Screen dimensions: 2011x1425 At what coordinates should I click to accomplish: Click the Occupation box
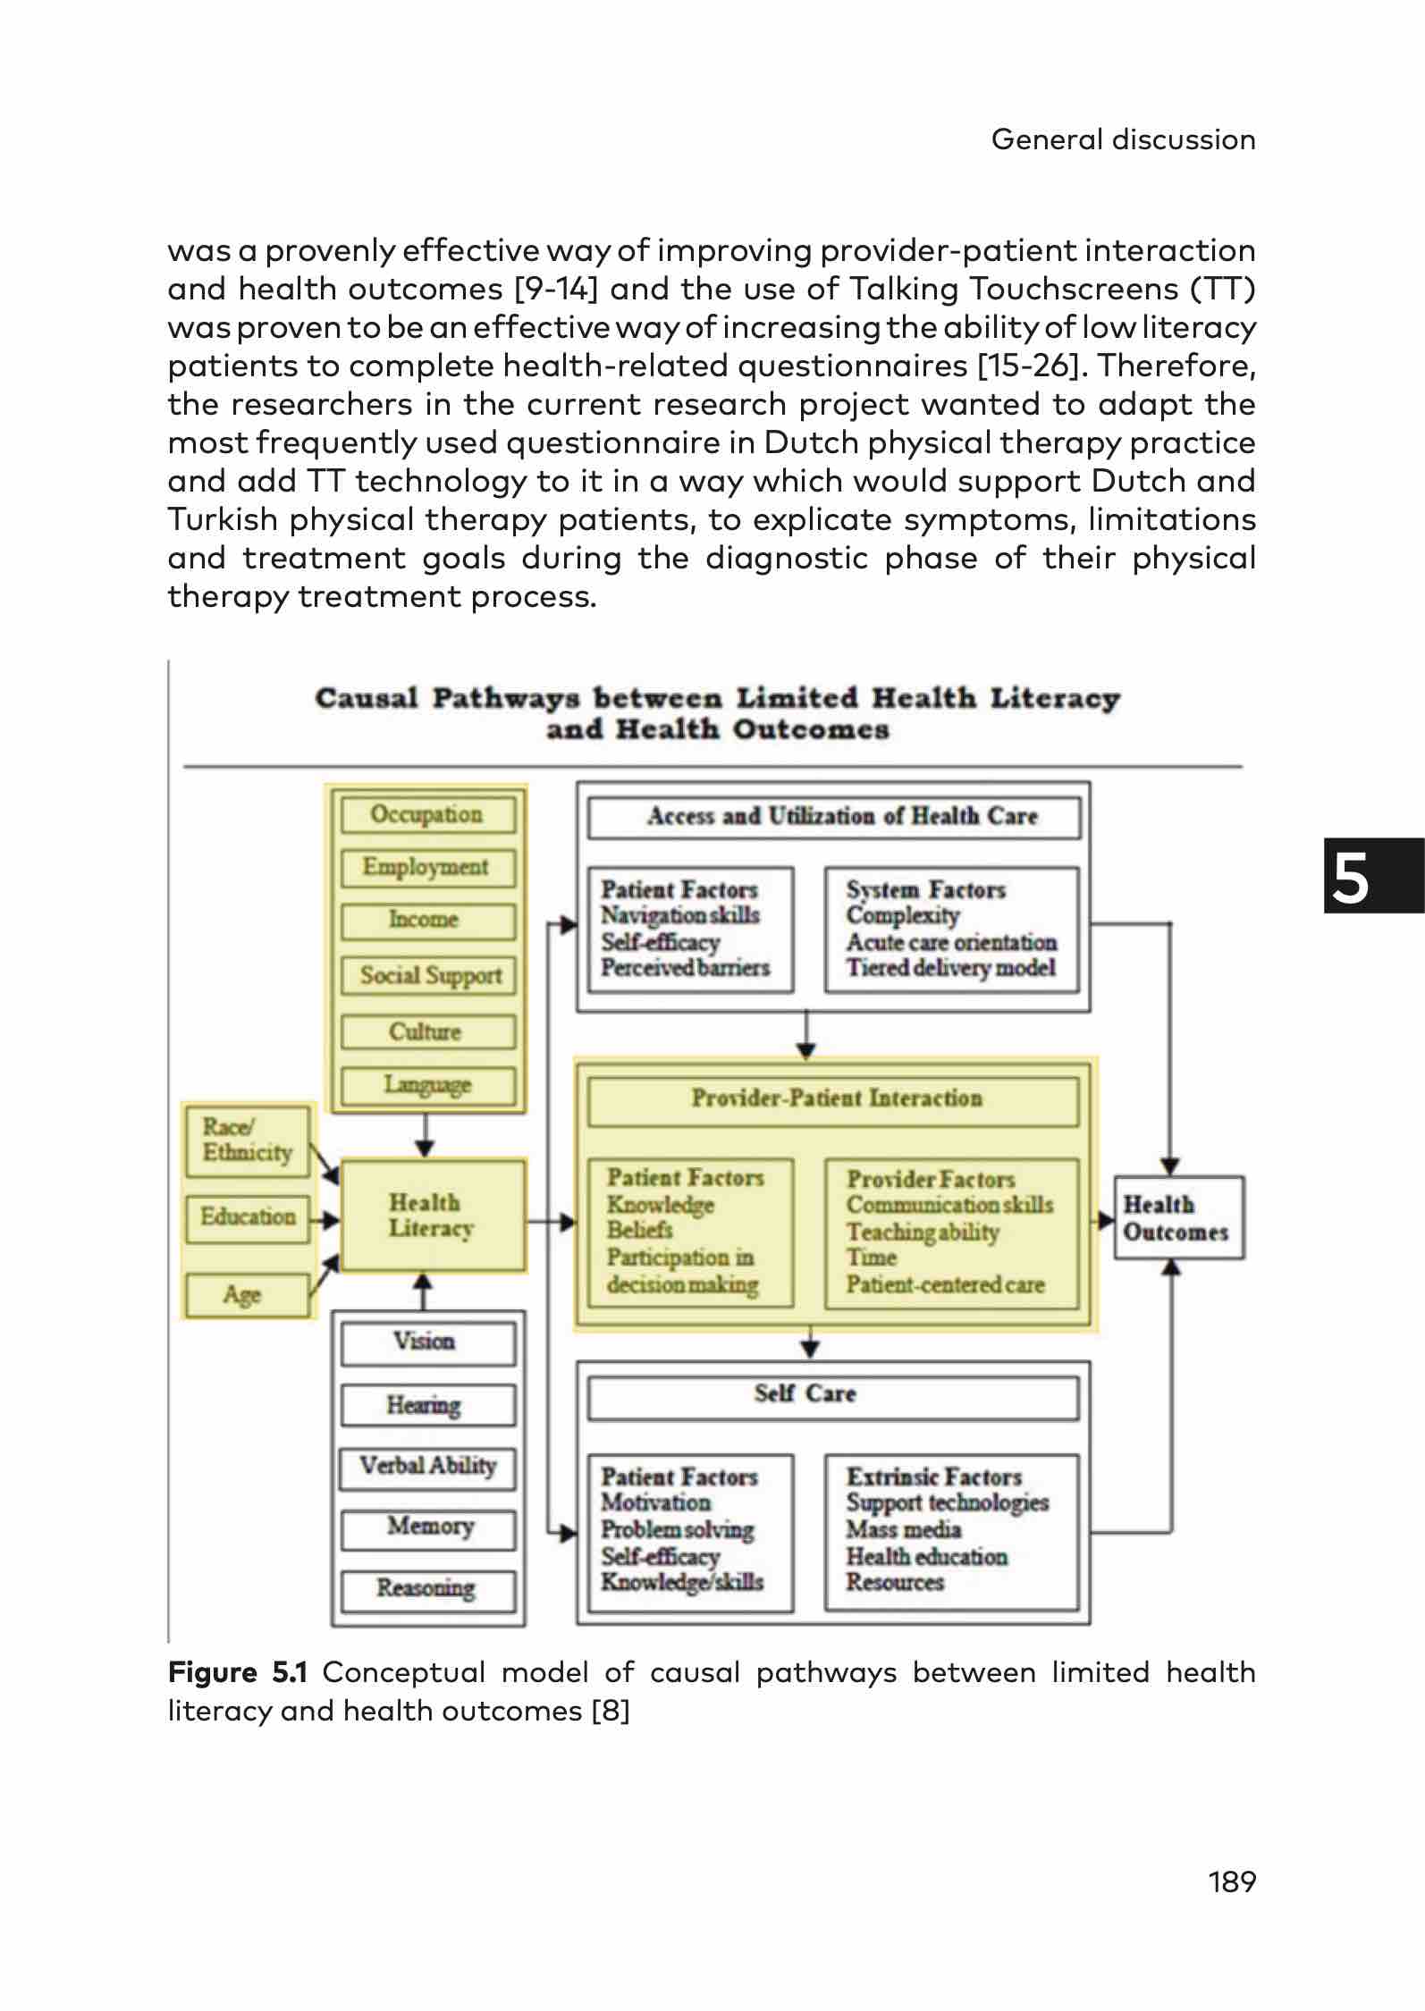tap(427, 814)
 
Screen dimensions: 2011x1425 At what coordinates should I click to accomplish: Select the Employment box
tap(427, 867)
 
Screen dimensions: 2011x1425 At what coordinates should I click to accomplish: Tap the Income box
tap(427, 920)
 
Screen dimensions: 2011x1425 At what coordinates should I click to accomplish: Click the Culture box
tap(427, 1031)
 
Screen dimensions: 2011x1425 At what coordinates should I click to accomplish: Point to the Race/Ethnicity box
tap(248, 1140)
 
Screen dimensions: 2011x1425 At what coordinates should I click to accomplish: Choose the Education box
tap(248, 1217)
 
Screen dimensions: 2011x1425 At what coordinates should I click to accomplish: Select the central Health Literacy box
tap(433, 1215)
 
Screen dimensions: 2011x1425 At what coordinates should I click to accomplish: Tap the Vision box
tap(427, 1342)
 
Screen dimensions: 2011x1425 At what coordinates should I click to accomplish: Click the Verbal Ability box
tap(427, 1467)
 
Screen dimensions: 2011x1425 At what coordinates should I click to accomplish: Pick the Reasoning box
tap(427, 1588)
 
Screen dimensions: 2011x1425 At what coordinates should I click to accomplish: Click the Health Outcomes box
tap(1177, 1218)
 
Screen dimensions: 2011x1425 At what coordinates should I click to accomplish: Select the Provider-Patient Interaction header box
tap(833, 1099)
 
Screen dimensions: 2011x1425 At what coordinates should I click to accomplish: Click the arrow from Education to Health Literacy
tap(325, 1219)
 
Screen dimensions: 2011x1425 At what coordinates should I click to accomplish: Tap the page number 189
tap(1231, 1881)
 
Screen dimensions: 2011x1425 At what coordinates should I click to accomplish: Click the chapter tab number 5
tap(1351, 879)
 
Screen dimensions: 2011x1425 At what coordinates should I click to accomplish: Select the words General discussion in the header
tap(1123, 139)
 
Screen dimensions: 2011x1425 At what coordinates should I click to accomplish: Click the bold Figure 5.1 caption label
tap(237, 1672)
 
